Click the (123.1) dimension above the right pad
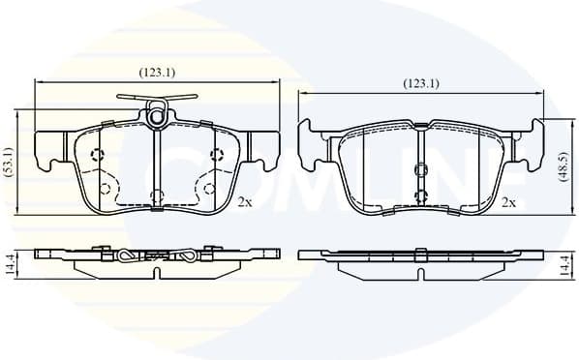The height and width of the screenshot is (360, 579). [x=421, y=83]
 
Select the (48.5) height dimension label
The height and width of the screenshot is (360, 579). [x=564, y=165]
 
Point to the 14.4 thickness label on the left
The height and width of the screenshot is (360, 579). [x=10, y=261]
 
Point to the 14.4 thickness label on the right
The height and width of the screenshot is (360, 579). [x=565, y=261]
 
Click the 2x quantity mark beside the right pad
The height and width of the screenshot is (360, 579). [x=508, y=203]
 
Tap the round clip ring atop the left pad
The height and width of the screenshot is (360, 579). [x=157, y=117]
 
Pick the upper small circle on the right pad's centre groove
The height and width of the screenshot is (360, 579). [x=420, y=170]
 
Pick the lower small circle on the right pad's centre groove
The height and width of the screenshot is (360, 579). [x=420, y=194]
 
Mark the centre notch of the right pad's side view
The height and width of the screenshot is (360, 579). [x=420, y=254]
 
